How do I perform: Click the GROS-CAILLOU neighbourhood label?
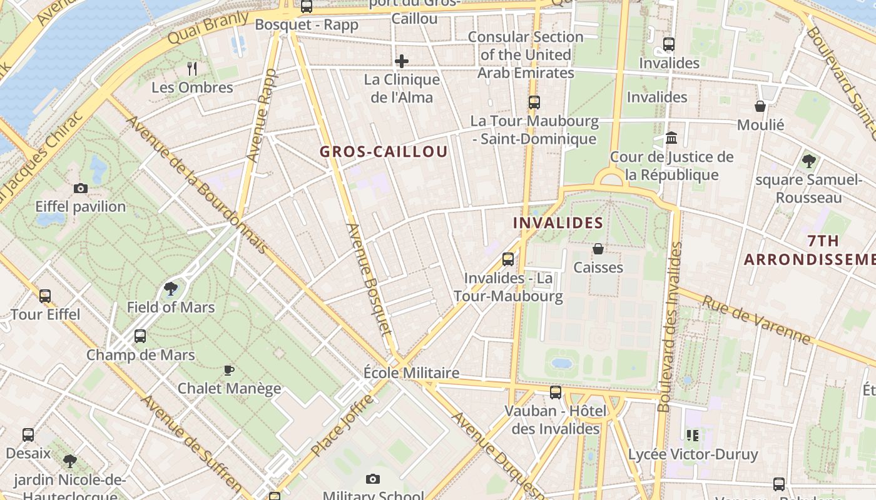[x=384, y=152]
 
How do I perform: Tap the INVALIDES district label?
[x=558, y=223]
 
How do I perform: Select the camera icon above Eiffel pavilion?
[x=81, y=188]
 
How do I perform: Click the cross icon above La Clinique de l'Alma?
[x=402, y=61]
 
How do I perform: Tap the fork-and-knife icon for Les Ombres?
[x=192, y=69]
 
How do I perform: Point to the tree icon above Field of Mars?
[x=170, y=289]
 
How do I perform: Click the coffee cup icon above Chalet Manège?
[x=229, y=370]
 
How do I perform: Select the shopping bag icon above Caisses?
[x=598, y=249]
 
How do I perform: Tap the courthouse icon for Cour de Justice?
[x=671, y=137]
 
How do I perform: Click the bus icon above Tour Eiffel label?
[x=45, y=296]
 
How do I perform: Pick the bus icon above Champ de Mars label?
[x=140, y=336]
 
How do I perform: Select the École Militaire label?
[x=411, y=373]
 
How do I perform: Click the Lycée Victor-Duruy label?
[x=693, y=454]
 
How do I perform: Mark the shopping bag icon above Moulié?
[x=760, y=106]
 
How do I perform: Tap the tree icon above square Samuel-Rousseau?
[x=808, y=161]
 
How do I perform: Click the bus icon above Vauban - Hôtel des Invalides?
[x=556, y=392]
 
